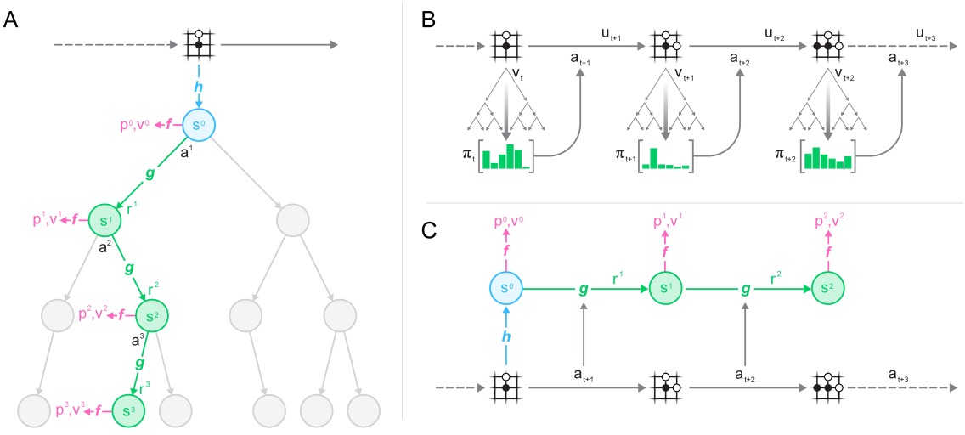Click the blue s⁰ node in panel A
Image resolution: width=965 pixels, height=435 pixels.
pyautogui.click(x=200, y=126)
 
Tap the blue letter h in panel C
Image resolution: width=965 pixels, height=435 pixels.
pyautogui.click(x=506, y=336)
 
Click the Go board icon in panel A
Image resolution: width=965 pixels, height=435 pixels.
pyautogui.click(x=199, y=45)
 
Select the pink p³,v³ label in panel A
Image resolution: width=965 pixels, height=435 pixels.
pyautogui.click(x=72, y=411)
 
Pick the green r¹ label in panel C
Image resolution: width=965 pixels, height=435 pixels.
pyautogui.click(x=617, y=276)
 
